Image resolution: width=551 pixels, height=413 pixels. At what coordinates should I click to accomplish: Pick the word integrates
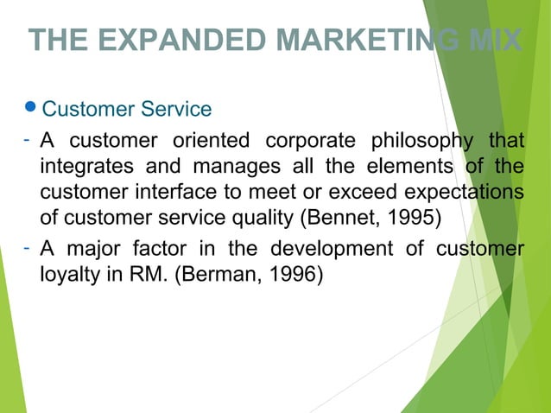click(81, 166)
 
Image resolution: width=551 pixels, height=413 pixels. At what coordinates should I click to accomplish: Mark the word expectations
click(466, 191)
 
